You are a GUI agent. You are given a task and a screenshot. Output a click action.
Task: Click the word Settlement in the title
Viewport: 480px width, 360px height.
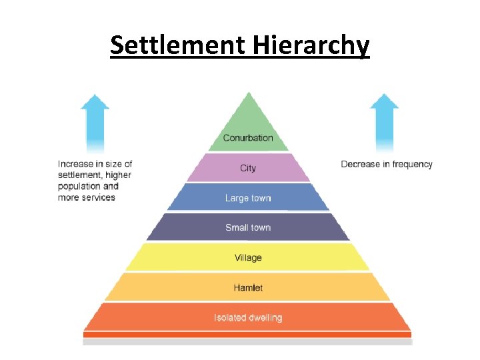click(178, 45)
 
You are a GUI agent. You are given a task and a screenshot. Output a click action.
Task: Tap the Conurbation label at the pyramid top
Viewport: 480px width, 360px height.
click(248, 138)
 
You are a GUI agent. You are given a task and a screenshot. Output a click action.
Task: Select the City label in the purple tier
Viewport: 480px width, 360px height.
click(248, 168)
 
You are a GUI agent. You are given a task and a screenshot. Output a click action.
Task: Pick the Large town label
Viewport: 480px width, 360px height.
click(248, 198)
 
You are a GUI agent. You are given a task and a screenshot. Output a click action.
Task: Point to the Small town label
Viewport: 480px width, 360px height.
click(248, 228)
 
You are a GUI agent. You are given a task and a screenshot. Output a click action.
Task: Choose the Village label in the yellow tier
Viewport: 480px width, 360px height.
click(248, 258)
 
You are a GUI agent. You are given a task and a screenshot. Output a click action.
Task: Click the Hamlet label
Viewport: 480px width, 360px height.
click(248, 288)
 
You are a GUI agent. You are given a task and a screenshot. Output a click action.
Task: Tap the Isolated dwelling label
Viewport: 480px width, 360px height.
click(248, 318)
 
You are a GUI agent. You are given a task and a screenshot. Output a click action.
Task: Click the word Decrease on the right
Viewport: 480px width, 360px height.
click(360, 164)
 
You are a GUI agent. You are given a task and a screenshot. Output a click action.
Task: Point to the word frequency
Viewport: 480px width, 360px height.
click(412, 164)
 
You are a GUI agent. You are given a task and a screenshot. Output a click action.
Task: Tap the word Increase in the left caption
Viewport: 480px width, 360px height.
click(75, 164)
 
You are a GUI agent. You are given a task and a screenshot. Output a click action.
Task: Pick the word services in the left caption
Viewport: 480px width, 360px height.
click(97, 197)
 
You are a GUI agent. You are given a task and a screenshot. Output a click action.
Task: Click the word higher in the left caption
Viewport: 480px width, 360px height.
click(118, 175)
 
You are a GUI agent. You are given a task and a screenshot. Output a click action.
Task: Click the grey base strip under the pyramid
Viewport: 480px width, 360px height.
click(248, 342)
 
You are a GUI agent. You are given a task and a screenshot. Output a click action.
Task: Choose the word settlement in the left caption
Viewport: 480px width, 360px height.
click(79, 175)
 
